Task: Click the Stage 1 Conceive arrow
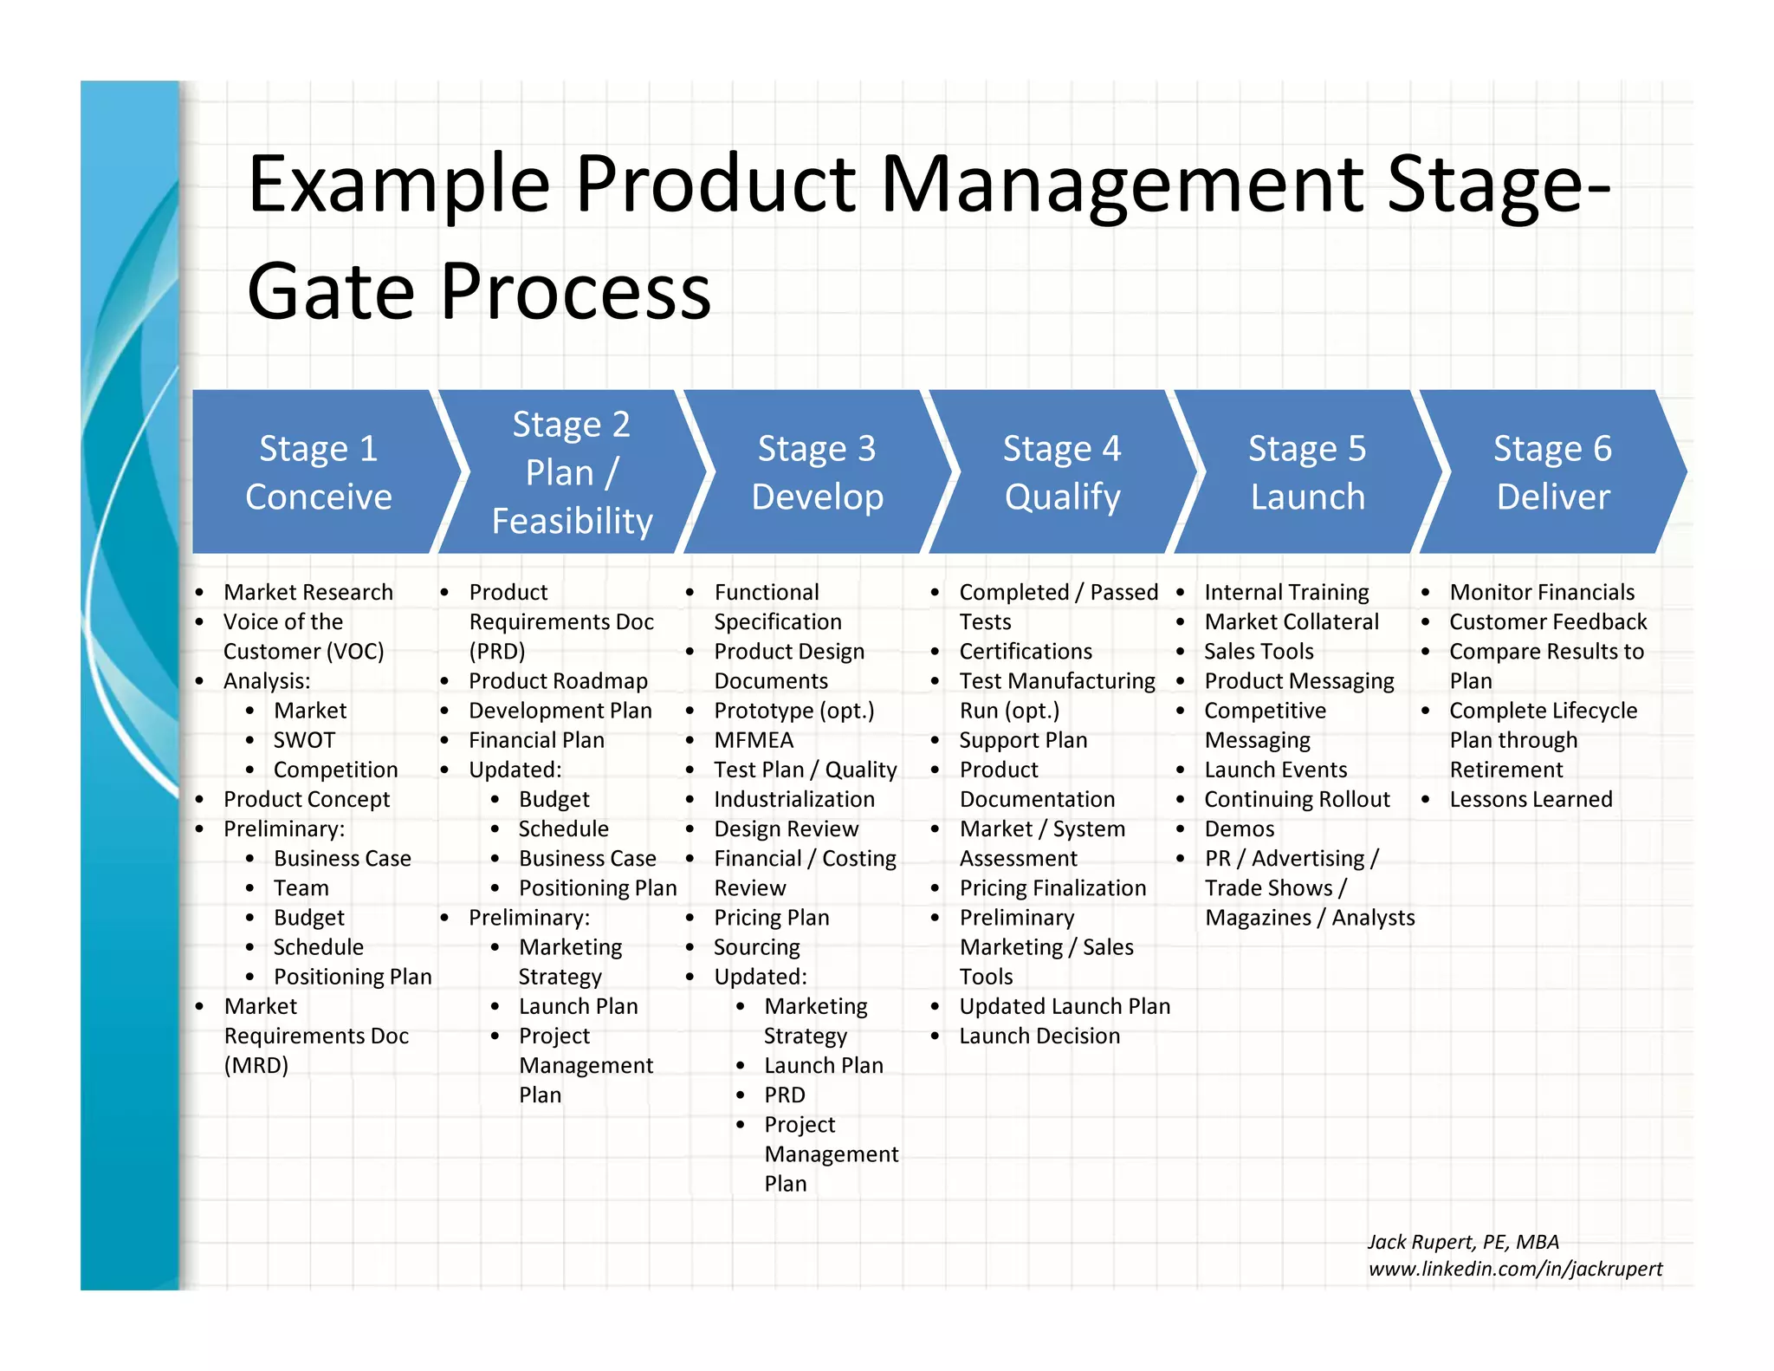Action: [319, 472]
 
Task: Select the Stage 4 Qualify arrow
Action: [1062, 472]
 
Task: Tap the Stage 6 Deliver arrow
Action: [1552, 472]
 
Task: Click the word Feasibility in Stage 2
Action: [572, 522]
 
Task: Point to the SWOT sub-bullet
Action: [304, 740]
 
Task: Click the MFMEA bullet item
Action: [754, 740]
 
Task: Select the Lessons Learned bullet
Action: [1531, 799]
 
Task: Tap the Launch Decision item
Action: [1039, 1036]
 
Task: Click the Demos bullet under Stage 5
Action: [1239, 828]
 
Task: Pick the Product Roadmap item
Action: [558, 681]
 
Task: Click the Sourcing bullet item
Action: [756, 947]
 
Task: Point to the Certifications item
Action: [1026, 652]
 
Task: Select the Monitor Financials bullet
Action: [1542, 593]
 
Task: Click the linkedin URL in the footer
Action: [1515, 1269]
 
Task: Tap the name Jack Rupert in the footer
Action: [1421, 1242]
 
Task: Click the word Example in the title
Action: [398, 184]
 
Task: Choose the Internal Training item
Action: [1286, 593]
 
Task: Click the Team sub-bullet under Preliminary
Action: [301, 888]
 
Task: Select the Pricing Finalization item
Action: [1052, 888]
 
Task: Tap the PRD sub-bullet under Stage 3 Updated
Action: [784, 1095]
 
